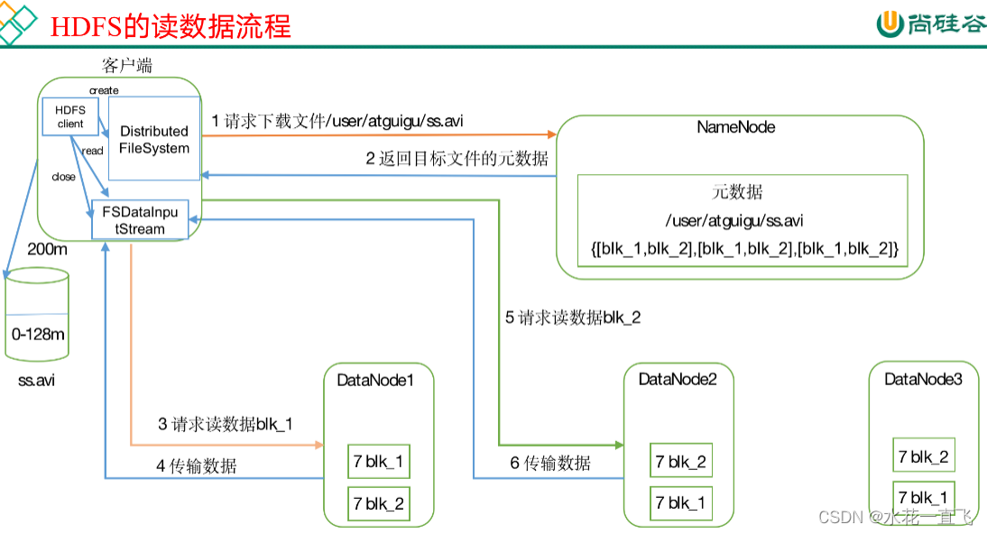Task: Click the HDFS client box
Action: [x=70, y=116]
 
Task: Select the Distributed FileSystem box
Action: [x=154, y=139]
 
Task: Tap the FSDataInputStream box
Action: [x=140, y=220]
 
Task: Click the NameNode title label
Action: [x=736, y=127]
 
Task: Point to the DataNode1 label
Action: [x=375, y=380]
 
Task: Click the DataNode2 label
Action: [x=678, y=379]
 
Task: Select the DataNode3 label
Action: [x=923, y=379]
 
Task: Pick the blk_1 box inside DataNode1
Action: [x=379, y=462]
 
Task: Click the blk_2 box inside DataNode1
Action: [x=379, y=503]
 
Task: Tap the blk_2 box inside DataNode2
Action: [x=681, y=462]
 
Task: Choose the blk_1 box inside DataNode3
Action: [x=922, y=497]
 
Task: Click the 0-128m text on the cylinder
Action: [x=38, y=334]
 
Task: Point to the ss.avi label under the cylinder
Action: [x=36, y=380]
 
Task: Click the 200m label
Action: [x=47, y=249]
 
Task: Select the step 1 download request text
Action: [x=338, y=120]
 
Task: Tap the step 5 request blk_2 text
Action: [x=572, y=318]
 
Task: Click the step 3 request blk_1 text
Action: [x=226, y=424]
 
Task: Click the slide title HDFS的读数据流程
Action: [x=171, y=26]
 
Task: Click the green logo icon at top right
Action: [x=890, y=24]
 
